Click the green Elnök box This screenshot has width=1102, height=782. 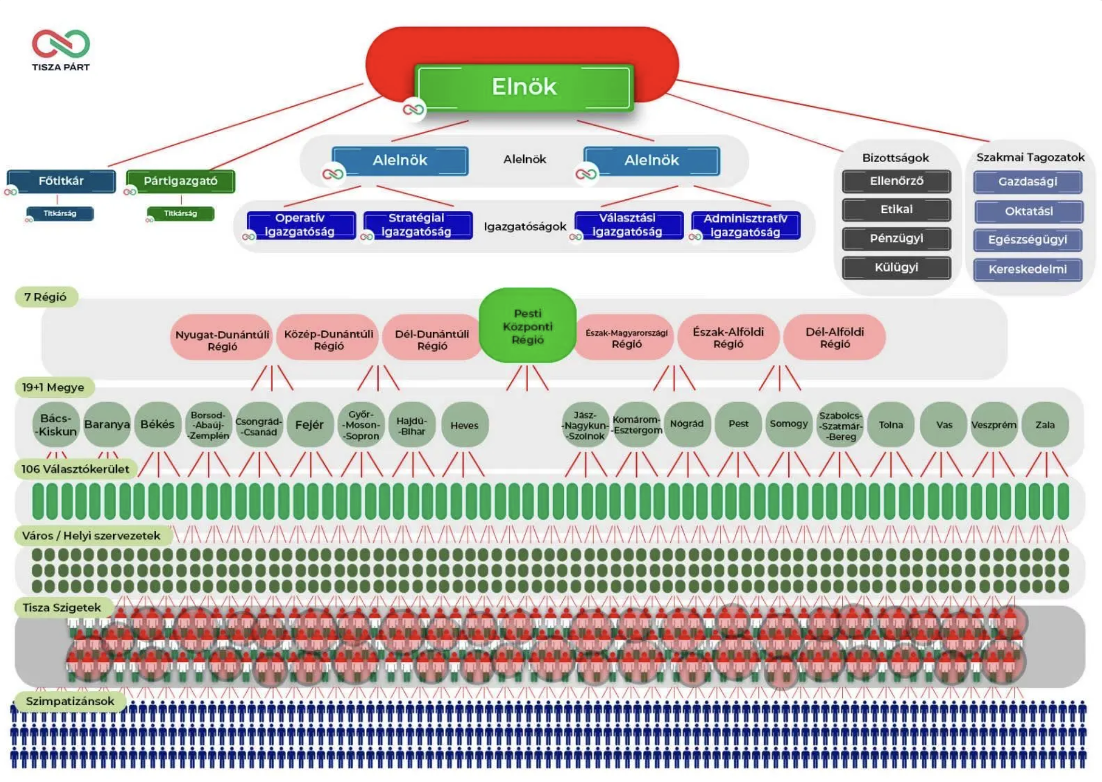(x=524, y=87)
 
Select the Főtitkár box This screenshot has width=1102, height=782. (x=61, y=181)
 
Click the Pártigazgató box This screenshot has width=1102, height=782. (x=181, y=181)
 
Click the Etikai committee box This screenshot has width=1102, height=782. (x=896, y=209)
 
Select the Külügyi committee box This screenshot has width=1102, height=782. (x=896, y=267)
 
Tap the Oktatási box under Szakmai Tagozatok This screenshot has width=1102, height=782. (x=1028, y=211)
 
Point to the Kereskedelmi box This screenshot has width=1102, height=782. (x=1028, y=269)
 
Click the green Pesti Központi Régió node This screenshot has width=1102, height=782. (x=527, y=326)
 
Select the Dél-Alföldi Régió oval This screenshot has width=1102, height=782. (x=835, y=338)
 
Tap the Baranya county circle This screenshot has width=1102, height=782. (x=107, y=424)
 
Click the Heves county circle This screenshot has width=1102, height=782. (x=465, y=425)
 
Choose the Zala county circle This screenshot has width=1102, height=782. (x=1045, y=424)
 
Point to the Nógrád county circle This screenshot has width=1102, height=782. (x=687, y=424)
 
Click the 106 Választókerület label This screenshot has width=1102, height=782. (x=75, y=469)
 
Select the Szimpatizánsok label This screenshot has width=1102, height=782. (x=70, y=701)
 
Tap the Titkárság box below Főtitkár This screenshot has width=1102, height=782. (x=60, y=213)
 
